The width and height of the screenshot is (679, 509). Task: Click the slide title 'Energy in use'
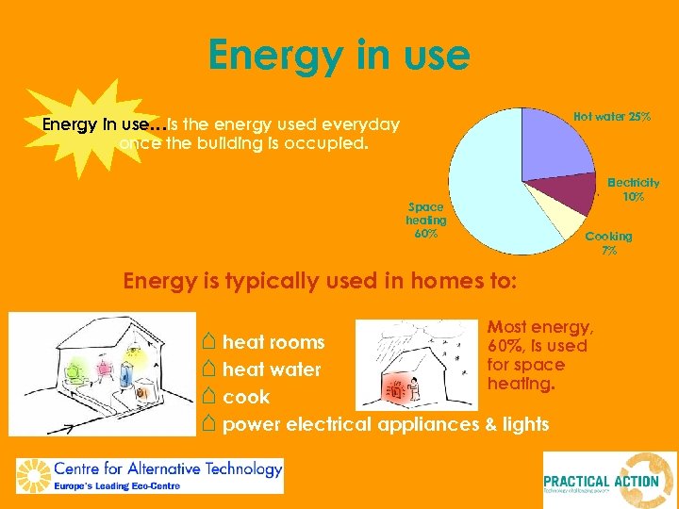pos(339,55)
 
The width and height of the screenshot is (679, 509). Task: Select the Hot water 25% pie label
pos(612,117)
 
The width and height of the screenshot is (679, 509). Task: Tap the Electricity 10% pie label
pos(633,189)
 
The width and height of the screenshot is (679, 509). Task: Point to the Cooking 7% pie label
pos(608,243)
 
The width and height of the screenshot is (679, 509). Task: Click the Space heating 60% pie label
pos(426,220)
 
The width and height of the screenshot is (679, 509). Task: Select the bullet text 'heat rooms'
pos(273,341)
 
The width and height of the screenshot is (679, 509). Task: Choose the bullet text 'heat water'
pos(272,369)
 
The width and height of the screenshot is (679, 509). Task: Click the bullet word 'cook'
pos(246,397)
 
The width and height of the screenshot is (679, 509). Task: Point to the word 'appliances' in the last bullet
pos(429,424)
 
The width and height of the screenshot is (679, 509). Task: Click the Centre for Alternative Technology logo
pos(150,475)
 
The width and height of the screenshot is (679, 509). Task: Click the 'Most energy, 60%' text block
pos(539,355)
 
